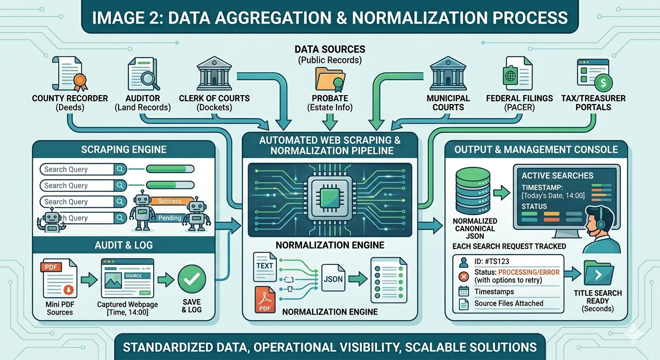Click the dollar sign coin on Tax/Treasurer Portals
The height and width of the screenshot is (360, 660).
point(603,83)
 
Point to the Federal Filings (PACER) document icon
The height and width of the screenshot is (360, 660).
point(517,73)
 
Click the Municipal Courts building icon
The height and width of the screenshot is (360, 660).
point(447,74)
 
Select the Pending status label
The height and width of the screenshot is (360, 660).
point(170,218)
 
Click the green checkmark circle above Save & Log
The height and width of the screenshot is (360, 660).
point(192,279)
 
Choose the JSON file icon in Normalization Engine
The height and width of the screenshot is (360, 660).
point(333,279)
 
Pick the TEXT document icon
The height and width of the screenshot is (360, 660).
point(265,266)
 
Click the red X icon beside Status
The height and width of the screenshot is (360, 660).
point(464,276)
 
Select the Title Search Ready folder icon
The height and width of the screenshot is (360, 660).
point(598,274)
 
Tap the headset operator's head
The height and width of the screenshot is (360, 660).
point(601,220)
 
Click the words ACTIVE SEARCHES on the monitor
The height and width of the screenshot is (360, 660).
point(557,176)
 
